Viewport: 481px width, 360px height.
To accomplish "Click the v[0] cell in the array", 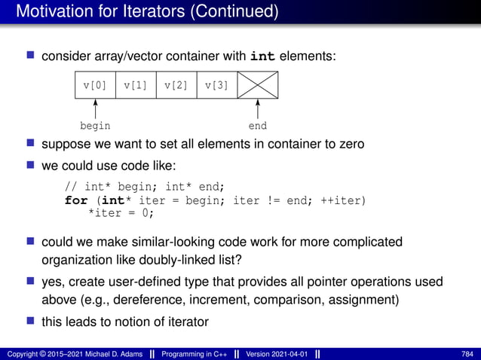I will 95,85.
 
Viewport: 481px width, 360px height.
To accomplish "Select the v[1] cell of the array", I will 136,85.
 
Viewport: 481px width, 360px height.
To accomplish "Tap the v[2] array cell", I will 176,85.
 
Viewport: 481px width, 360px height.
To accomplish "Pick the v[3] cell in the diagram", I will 217,85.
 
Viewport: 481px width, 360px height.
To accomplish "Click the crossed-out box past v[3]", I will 258,85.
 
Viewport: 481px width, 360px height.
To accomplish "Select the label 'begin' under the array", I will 95,126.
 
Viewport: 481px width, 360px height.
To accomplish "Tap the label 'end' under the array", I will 258,126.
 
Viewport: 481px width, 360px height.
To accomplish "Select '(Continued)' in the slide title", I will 230,12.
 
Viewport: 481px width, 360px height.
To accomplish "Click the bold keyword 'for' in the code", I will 76,200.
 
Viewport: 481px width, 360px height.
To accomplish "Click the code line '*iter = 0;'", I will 121,213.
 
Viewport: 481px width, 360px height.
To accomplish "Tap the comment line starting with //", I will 145,188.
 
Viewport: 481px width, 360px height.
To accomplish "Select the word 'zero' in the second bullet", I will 348,144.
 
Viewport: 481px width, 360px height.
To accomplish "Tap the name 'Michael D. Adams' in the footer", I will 105,353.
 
